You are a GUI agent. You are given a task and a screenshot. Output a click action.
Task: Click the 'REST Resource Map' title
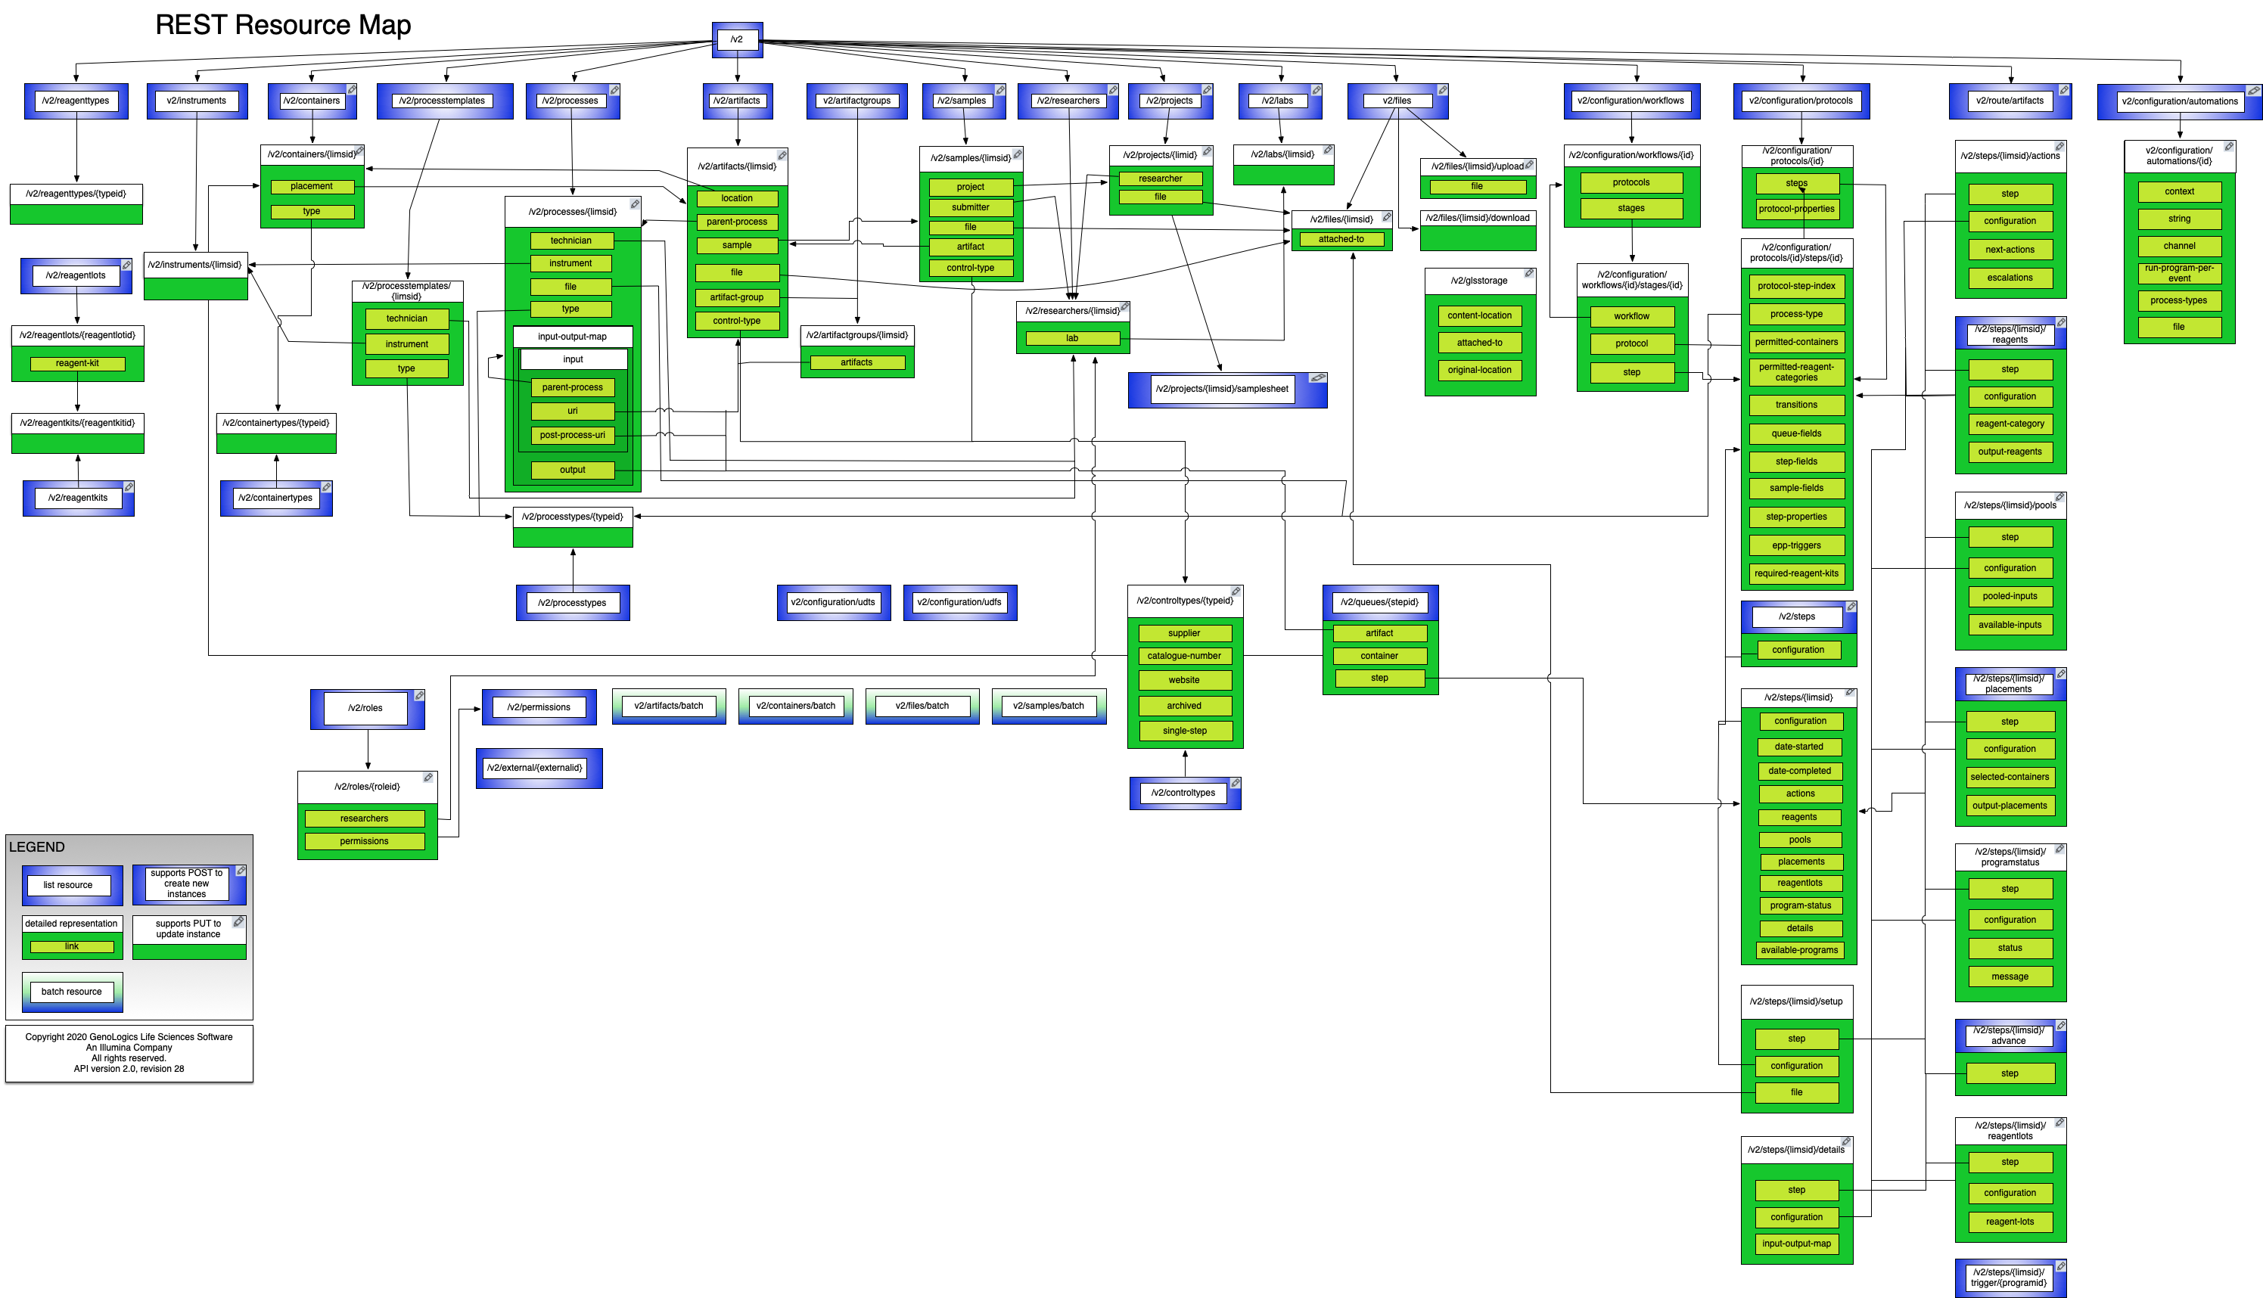283,25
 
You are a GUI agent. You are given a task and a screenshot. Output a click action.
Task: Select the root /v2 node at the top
736,39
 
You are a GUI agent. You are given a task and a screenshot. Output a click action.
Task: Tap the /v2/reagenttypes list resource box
76,101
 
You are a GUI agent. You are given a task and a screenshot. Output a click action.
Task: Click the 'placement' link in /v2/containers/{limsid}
311,186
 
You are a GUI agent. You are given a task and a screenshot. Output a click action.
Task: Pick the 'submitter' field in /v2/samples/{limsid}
970,206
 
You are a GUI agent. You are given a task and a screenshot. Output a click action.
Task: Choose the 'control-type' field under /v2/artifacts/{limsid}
736,321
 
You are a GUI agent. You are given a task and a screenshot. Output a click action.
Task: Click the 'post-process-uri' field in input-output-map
573,435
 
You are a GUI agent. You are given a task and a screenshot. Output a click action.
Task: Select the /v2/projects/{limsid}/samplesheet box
1222,389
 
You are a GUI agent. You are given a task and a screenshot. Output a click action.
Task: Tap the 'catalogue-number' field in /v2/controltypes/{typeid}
1184,656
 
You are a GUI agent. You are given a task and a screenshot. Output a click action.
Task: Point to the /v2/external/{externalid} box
535,768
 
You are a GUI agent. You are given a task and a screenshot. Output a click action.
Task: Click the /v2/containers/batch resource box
795,706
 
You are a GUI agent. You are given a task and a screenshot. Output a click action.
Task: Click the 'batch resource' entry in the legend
71,992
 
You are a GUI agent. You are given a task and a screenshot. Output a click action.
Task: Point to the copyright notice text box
129,1053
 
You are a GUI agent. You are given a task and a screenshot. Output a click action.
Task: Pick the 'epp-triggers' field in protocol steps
1795,545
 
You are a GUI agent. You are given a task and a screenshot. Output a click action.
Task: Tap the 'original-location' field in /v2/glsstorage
1479,370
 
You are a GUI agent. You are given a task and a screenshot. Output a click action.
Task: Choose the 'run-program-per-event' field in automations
2179,273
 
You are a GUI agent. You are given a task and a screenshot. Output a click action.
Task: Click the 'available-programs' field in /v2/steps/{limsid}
1799,950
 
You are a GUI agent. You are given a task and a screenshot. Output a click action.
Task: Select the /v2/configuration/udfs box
959,603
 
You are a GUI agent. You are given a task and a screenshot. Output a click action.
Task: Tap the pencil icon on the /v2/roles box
419,695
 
